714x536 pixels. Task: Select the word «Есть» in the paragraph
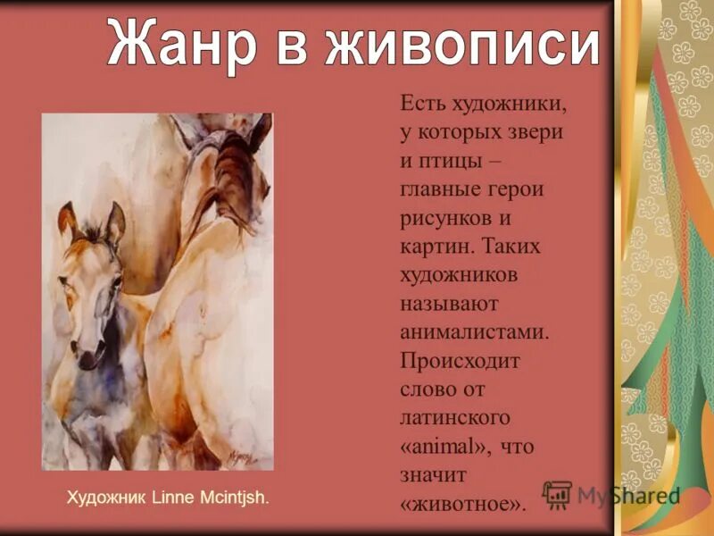pyautogui.click(x=422, y=105)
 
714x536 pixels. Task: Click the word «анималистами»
pyautogui.click(x=473, y=332)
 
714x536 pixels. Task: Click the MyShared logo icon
pyautogui.click(x=558, y=494)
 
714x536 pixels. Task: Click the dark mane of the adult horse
pyautogui.click(x=234, y=174)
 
